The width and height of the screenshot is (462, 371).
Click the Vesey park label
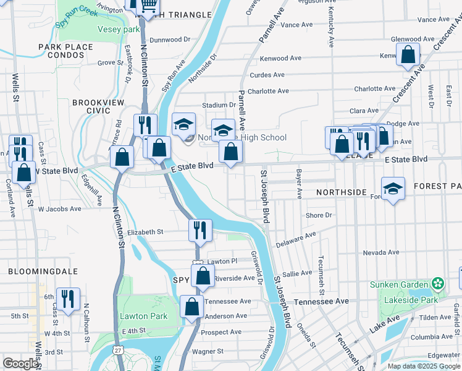click(x=119, y=29)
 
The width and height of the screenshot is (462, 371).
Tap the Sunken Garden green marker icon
click(x=439, y=284)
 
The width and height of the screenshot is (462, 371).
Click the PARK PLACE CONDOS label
click(x=61, y=51)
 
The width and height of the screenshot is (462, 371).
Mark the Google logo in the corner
click(x=20, y=364)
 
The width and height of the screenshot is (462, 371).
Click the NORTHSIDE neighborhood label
click(x=342, y=192)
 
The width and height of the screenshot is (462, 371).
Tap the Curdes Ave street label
click(x=266, y=75)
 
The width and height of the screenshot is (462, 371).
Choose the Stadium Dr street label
click(x=224, y=105)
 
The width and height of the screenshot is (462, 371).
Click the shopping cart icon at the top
click(x=148, y=6)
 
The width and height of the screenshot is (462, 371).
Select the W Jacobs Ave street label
click(x=60, y=209)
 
